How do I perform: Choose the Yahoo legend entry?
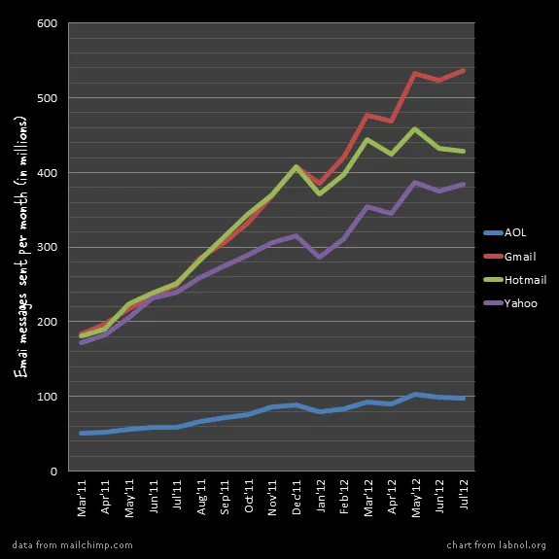pos(511,303)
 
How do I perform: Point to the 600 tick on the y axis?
pos(47,23)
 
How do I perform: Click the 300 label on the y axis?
pos(47,247)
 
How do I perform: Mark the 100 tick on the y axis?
pos(47,397)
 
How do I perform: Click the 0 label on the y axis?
pos(53,472)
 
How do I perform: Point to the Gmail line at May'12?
pos(415,73)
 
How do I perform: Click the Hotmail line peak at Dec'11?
pos(296,166)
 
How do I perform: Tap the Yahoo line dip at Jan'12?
pos(320,257)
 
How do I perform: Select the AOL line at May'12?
pos(415,394)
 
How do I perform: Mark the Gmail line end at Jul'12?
pos(463,70)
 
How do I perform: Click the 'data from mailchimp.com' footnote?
pos(73,545)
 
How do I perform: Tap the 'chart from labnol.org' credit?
pos(497,545)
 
